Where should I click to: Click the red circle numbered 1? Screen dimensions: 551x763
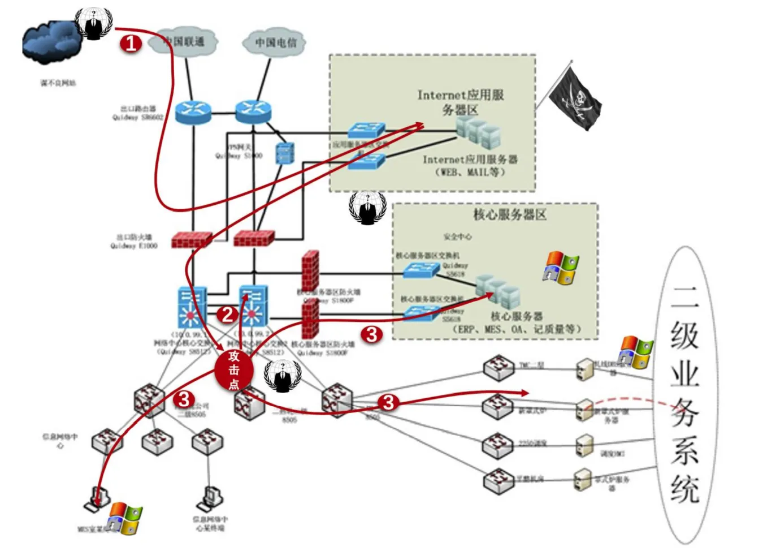tap(131, 43)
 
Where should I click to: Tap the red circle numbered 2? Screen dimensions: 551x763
tap(227, 315)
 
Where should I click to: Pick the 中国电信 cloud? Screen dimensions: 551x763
tap(275, 42)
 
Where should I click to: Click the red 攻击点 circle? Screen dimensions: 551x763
tap(233, 370)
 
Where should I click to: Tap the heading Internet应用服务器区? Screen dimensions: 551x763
tap(460, 102)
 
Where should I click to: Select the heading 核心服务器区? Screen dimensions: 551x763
tap(510, 214)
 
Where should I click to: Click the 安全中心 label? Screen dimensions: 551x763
tap(457, 236)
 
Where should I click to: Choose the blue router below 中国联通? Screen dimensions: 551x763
tap(193, 112)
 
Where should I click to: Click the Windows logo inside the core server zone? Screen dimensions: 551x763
tap(561, 268)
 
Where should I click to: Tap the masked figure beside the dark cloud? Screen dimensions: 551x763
tap(94, 23)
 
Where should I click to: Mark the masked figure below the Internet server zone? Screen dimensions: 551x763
tap(367, 208)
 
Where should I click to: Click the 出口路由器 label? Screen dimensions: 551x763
tap(138, 113)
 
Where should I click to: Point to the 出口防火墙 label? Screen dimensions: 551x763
tap(134, 242)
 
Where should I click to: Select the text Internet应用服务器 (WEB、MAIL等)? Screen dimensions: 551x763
tap(470, 165)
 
